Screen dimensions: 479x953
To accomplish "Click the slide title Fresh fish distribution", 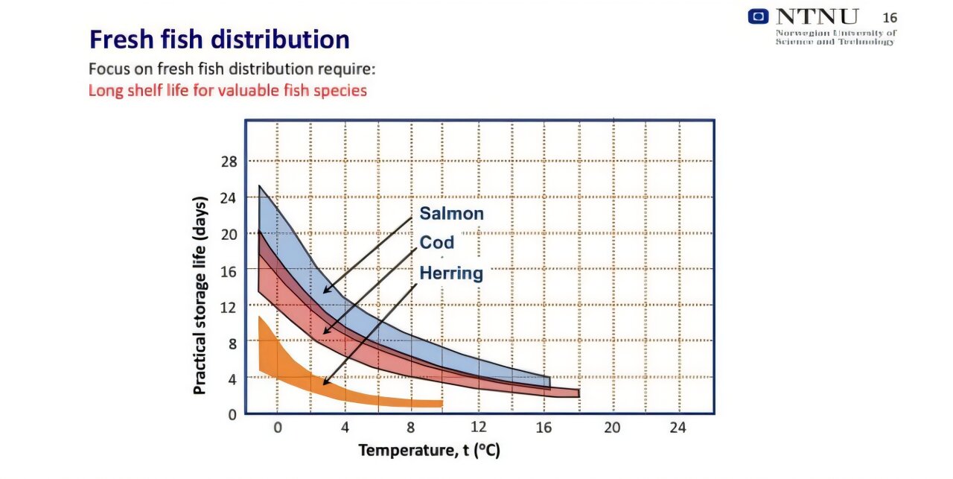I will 219,39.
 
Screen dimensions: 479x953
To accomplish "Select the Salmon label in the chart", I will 451,214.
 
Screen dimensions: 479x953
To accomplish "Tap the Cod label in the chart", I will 436,243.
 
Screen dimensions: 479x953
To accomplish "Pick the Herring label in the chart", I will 451,273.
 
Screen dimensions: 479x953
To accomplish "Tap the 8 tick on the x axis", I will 410,428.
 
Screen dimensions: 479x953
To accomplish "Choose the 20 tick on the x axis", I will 611,428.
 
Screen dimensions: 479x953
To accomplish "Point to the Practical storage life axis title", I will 200,295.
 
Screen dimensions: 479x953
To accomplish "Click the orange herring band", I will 298,376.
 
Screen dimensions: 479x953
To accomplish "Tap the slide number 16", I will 890,18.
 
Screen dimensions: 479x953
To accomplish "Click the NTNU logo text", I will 817,16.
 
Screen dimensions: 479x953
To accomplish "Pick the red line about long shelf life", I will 227,91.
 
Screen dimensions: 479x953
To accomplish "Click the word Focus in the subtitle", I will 109,69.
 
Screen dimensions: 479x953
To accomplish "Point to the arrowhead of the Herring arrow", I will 325,384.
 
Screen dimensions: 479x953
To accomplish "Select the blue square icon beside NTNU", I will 759,16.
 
